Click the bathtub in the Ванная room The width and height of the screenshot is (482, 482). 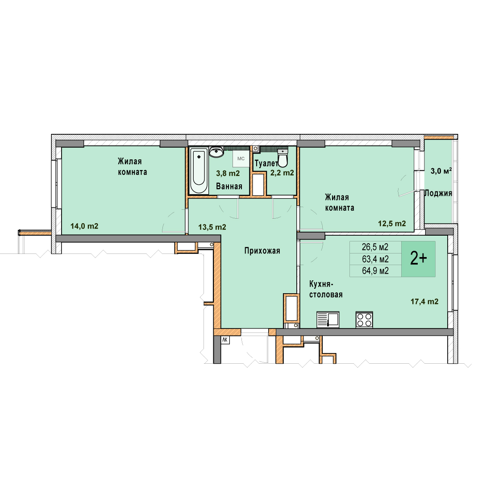click(199, 170)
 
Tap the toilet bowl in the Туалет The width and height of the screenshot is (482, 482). click(283, 158)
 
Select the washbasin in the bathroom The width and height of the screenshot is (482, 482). click(216, 152)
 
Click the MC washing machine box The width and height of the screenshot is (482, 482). click(241, 158)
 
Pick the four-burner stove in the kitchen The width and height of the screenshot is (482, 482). click(364, 320)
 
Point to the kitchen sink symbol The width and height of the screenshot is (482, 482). click(328, 320)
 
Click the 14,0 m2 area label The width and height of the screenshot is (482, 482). click(84, 226)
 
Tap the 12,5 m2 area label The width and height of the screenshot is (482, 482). click(392, 224)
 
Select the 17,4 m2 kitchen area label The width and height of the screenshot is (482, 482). click(424, 302)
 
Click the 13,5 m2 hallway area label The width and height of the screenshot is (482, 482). click(212, 227)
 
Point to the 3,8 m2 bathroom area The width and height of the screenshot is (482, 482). click(228, 173)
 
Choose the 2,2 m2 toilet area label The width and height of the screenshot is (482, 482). click(282, 173)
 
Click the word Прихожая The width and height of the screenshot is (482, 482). click(262, 251)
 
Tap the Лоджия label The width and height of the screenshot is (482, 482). click(438, 193)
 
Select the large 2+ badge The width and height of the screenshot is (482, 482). click(418, 259)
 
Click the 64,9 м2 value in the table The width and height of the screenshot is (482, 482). click(375, 271)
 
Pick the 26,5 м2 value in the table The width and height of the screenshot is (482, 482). click(375, 247)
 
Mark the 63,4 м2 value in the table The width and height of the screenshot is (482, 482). click(375, 259)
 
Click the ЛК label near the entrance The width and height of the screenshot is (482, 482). click(225, 340)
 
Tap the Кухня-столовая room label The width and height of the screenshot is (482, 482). click(326, 289)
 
